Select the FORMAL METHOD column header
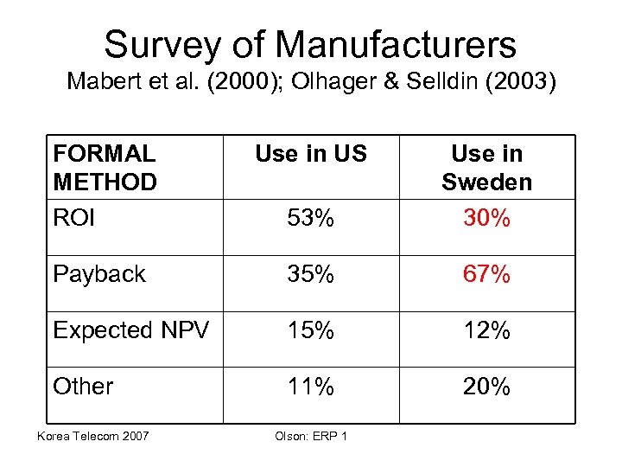point(105,168)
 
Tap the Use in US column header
point(311,154)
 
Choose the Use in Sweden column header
point(486,168)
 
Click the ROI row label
point(74,218)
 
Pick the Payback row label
point(99,274)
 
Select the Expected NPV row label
point(130,330)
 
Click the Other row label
point(83,386)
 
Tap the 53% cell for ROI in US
point(311,219)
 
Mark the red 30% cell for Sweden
point(486,219)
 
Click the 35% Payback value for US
point(311,275)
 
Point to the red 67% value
point(486,275)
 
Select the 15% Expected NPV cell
point(311,331)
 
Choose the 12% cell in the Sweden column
point(486,331)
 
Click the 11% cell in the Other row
point(311,387)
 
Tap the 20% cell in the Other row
point(486,387)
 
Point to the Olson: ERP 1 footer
point(310,435)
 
